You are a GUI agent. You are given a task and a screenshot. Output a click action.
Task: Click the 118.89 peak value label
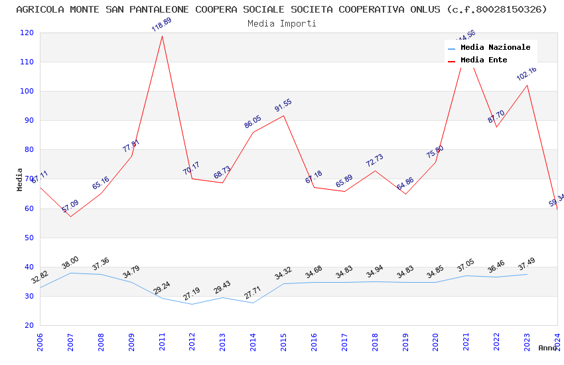tap(162, 25)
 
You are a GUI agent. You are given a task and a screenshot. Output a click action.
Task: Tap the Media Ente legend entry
tap(484, 60)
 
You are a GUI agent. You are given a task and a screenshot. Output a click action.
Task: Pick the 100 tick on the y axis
tap(27, 92)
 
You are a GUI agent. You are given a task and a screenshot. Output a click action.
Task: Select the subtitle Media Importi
tap(282, 24)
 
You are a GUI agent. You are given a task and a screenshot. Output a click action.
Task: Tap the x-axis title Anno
tap(547, 348)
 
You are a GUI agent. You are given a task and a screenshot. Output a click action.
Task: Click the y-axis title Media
tap(20, 179)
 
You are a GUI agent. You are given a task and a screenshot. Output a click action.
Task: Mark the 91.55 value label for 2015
tap(283, 106)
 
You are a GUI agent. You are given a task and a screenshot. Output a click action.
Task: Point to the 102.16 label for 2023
tap(526, 74)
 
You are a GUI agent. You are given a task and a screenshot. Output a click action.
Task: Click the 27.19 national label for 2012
tap(192, 294)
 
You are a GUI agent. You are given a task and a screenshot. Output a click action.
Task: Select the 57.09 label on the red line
tap(70, 206)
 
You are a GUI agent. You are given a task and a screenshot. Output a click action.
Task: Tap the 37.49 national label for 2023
tap(526, 264)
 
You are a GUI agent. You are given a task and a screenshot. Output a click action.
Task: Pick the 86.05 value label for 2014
tap(253, 122)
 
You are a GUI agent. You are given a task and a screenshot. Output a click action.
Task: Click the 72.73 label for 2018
tap(374, 161)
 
